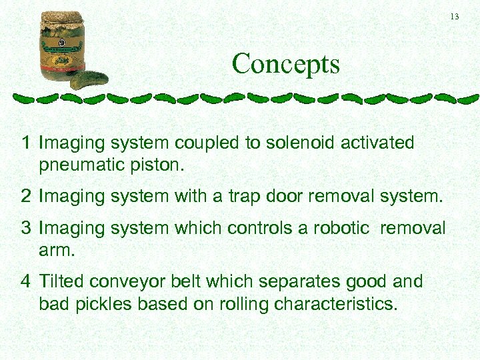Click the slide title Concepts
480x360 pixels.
tap(285, 65)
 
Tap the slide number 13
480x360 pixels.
tap(455, 17)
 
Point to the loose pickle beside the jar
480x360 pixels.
tap(89, 80)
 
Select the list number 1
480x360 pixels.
tap(25, 143)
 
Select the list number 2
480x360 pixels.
tap(25, 197)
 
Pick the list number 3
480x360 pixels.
tap(25, 228)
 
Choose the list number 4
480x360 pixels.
tap(25, 282)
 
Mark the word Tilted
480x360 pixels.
tap(62, 282)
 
